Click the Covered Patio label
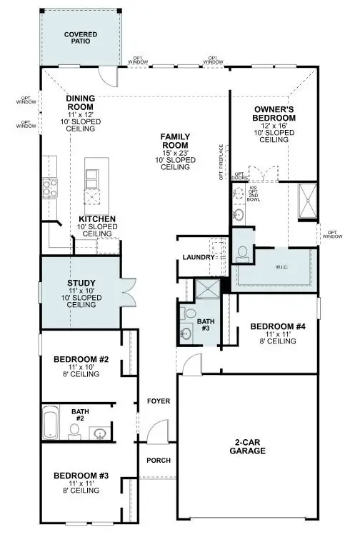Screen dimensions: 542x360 click(81, 38)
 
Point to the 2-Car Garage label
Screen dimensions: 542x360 click(248, 446)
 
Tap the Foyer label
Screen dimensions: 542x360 click(159, 401)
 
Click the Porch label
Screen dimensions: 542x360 click(159, 460)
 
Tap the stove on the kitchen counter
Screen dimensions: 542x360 click(50, 188)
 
